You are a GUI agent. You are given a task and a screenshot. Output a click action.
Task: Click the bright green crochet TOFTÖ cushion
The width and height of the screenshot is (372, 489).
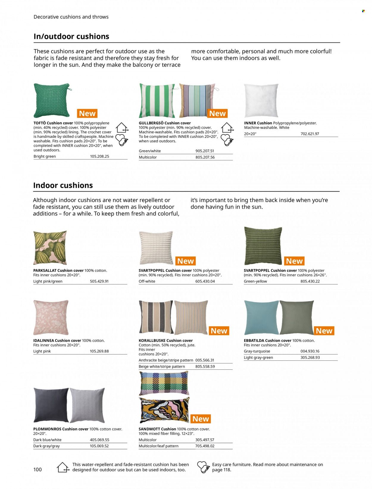(52, 100)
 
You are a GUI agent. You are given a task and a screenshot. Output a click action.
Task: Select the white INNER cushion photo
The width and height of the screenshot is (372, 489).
(261, 100)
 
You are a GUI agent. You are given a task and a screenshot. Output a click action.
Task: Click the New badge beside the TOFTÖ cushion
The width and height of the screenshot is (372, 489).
(87, 113)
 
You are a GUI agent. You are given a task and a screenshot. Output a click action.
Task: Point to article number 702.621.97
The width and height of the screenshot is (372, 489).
(310, 134)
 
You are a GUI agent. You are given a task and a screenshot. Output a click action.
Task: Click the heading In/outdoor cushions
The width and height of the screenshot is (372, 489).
(71, 37)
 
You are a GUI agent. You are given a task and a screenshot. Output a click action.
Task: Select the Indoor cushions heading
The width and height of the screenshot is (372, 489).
(63, 185)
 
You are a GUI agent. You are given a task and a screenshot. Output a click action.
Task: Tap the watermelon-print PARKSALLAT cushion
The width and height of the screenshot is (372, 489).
(50, 247)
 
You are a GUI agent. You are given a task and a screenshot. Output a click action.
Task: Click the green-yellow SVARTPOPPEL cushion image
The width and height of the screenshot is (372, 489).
(263, 246)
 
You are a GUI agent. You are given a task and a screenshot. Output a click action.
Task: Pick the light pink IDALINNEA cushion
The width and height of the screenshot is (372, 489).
(51, 317)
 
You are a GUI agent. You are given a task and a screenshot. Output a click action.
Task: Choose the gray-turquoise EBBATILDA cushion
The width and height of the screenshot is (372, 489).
(261, 317)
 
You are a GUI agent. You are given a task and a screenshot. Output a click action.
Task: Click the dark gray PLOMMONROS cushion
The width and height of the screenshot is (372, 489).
(51, 404)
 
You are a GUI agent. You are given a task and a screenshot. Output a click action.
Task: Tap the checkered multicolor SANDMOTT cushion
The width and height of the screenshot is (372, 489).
(164, 383)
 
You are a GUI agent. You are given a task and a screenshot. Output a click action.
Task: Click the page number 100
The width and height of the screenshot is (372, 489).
(37, 470)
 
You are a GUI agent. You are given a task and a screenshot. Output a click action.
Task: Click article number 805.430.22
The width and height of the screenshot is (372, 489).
(310, 281)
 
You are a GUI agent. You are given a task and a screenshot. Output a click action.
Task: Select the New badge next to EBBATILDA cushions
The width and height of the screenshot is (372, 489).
(324, 331)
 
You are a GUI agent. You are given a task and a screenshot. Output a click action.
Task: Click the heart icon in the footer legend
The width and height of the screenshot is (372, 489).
(204, 467)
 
